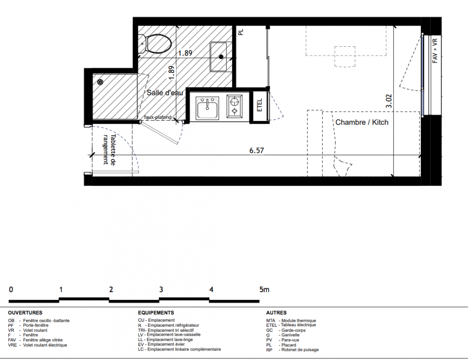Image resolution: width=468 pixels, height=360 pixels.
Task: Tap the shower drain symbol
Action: tap(101, 82)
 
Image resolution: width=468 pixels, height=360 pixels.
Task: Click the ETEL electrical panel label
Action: tap(259, 105)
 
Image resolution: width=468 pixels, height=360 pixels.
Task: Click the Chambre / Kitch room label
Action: tap(362, 122)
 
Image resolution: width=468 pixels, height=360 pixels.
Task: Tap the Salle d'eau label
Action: tap(165, 93)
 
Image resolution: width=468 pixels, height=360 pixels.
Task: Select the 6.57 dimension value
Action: tap(257, 150)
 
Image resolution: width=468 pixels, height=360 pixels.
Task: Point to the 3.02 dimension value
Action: tap(388, 101)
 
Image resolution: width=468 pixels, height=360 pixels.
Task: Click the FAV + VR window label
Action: tap(435, 50)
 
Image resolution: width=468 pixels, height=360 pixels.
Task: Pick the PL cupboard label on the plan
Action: tap(241, 31)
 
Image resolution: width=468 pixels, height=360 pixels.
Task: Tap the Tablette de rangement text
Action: tap(109, 149)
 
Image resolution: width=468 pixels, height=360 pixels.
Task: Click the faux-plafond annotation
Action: tap(158, 117)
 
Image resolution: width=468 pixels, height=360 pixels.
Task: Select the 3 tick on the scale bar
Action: tap(161, 289)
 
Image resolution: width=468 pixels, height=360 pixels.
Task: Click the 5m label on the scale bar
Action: tap(264, 289)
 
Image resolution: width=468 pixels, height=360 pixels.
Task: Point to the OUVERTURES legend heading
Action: tap(25, 313)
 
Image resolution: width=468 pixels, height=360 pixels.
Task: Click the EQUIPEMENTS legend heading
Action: tap(156, 313)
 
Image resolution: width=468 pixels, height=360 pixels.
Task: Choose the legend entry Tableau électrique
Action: tap(299, 325)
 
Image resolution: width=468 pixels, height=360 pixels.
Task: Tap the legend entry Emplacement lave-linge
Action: tap(169, 340)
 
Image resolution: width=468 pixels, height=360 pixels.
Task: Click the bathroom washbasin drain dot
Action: tap(221, 56)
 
